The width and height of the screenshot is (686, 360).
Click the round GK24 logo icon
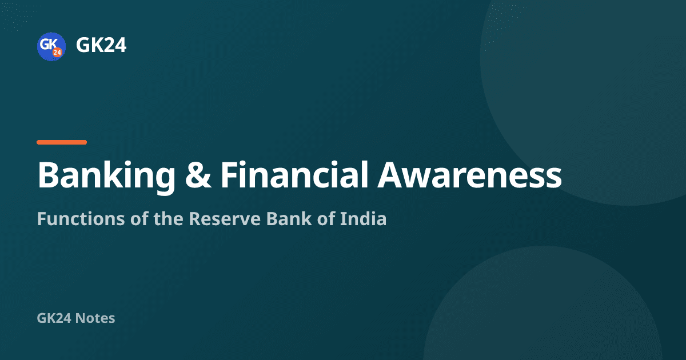point(51,46)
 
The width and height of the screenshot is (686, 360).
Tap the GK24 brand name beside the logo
point(101,45)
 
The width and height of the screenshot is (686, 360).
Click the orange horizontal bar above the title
point(62,142)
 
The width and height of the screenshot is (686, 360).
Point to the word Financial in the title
point(294,174)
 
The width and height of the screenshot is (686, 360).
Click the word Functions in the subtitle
point(81,218)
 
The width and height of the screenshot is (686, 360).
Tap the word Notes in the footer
point(95,318)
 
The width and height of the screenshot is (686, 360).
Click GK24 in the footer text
point(54,318)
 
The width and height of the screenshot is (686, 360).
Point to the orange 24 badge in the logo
point(57,53)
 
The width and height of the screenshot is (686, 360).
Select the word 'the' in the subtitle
point(169,218)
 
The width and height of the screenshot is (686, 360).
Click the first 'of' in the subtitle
point(139,218)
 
